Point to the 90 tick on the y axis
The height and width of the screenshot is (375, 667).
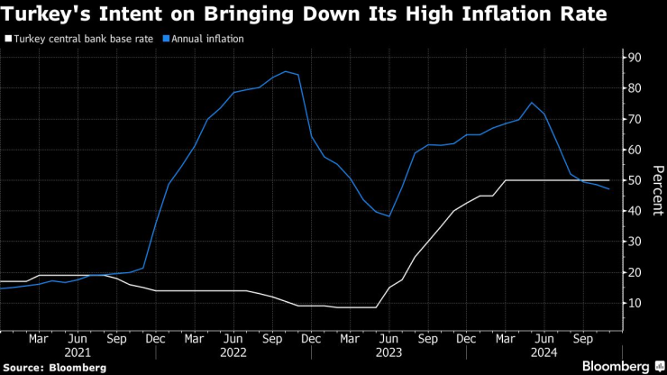pos(635,57)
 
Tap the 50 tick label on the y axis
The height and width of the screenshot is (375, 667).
pos(635,180)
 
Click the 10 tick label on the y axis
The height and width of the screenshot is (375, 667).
pos(635,303)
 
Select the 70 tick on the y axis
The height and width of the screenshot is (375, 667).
pos(635,119)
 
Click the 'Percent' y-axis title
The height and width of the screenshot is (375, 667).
pos(658,190)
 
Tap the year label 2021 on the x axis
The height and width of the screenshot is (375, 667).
pos(78,354)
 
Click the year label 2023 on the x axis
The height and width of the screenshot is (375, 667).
pos(389,354)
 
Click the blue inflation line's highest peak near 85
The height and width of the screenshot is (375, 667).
pos(286,71)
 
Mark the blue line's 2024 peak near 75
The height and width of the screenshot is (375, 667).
pos(532,103)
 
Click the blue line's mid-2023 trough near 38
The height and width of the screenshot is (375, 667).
pos(389,216)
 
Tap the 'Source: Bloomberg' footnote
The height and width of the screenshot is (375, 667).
pos(55,368)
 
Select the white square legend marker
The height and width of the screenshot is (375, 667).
pos(7,40)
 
